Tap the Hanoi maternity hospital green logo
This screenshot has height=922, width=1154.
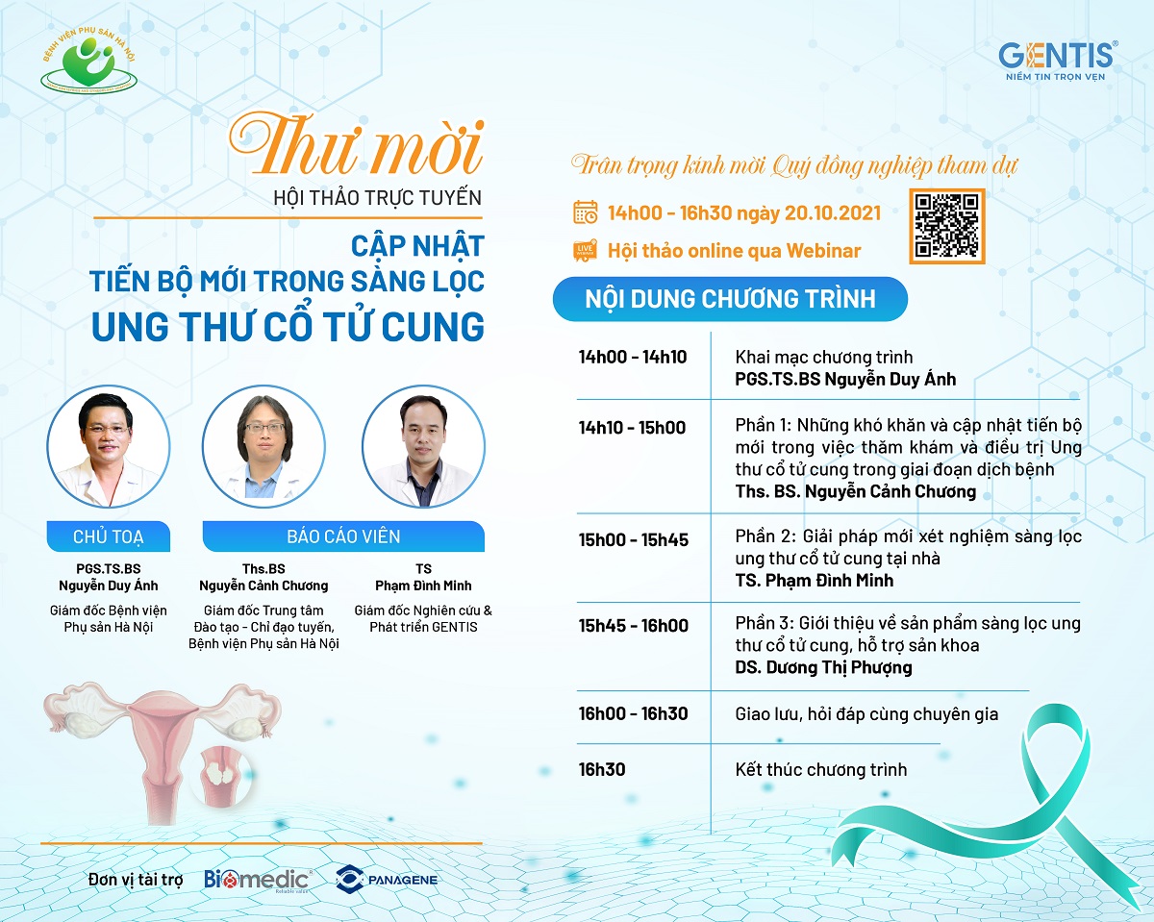tap(89, 60)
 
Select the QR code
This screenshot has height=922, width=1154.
tap(947, 226)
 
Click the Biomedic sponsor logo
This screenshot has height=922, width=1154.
tap(258, 880)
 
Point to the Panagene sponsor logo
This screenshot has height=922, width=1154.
tap(386, 879)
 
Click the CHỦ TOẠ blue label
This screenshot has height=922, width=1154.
tap(109, 536)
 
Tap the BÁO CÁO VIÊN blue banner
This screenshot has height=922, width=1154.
tap(343, 536)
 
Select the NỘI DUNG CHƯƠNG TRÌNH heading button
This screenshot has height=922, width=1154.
tap(730, 299)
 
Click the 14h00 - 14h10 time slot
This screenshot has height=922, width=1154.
tap(632, 357)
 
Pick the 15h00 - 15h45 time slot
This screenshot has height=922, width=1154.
tap(634, 539)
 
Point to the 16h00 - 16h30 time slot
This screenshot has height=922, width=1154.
tap(634, 713)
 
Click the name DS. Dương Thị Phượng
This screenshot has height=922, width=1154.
tap(823, 667)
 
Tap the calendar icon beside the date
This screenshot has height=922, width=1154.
tap(585, 212)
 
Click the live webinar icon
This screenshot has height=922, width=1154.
tap(585, 250)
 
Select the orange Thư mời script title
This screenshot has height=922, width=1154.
tap(358, 145)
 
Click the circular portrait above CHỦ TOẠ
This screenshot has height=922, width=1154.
tap(109, 446)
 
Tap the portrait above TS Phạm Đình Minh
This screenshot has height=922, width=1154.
tap(423, 446)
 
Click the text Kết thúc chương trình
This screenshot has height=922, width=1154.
tap(821, 770)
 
